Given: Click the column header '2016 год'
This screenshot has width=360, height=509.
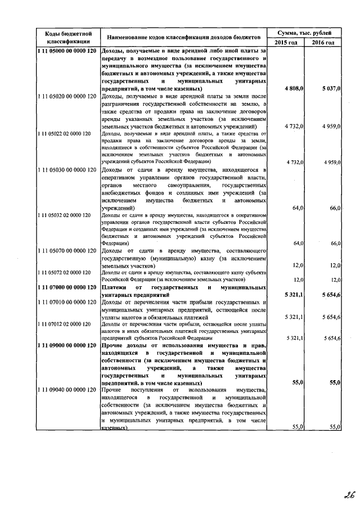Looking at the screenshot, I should [323, 43].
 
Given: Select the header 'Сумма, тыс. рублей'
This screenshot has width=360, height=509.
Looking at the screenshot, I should [305, 34].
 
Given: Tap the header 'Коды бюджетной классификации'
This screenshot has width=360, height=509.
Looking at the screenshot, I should [68, 38].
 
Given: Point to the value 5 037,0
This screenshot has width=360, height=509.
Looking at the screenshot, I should [331, 89].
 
